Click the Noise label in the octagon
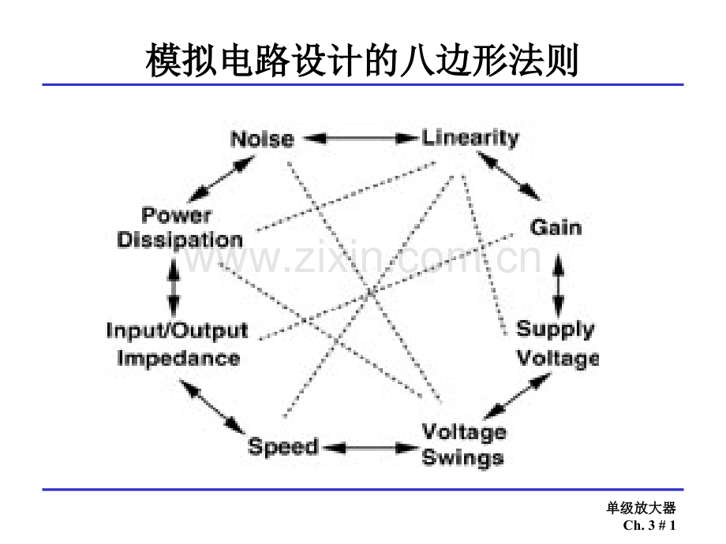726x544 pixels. click(x=261, y=140)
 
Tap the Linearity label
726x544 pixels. click(x=470, y=138)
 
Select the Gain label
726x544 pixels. click(x=555, y=228)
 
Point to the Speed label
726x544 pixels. click(x=283, y=447)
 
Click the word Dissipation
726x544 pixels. click(x=180, y=240)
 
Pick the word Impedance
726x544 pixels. click(x=178, y=359)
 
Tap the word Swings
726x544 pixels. click(x=462, y=458)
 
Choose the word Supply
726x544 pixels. click(x=556, y=329)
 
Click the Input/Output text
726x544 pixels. click(x=177, y=330)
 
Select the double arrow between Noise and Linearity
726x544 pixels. click(x=360, y=138)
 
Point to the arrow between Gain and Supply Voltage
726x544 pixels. click(x=559, y=283)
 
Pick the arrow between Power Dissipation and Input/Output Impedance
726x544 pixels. click(x=174, y=285)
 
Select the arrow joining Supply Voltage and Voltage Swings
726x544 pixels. click(x=515, y=397)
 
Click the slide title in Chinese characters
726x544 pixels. click(x=362, y=61)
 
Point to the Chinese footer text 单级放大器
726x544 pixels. click(x=642, y=509)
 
